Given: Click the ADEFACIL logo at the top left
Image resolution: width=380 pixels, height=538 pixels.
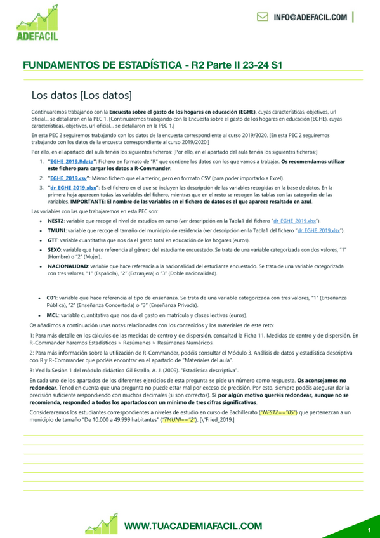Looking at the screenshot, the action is (38, 23).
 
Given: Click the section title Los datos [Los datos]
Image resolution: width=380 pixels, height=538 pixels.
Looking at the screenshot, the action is (81, 96).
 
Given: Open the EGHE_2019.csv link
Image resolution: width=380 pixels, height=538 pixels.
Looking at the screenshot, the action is (69, 178).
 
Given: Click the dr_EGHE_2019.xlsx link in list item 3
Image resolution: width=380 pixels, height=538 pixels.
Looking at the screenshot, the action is (74, 188).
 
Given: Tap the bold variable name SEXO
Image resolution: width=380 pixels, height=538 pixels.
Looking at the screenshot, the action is (55, 251).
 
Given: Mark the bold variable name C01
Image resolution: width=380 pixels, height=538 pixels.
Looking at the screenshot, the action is (51, 296).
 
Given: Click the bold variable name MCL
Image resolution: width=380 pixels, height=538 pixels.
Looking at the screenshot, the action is (53, 315).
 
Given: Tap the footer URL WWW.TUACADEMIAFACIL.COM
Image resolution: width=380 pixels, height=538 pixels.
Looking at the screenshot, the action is (193, 526).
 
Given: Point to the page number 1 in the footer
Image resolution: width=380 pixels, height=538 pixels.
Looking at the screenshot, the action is (369, 530).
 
